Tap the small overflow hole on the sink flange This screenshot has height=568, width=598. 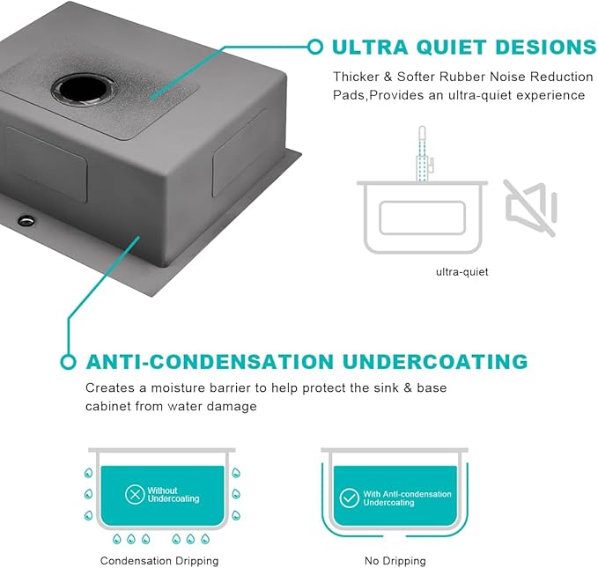tap(26, 220)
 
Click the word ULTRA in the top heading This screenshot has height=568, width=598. tap(370, 48)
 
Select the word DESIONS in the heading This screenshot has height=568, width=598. tap(546, 48)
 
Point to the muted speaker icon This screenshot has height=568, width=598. tap(530, 208)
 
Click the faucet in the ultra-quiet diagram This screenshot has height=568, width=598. tap(424, 153)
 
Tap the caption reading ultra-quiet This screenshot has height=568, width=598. tap(461, 272)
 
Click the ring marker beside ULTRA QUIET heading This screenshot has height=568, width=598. tap(315, 47)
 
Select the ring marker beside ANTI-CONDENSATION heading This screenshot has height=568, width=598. tap(69, 362)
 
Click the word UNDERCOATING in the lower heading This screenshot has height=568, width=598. tap(435, 362)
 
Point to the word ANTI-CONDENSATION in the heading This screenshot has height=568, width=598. tap(210, 362)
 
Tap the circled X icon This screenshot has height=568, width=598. tap(135, 494)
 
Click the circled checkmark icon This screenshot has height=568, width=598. tap(349, 498)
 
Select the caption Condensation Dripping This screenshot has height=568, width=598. tap(159, 561)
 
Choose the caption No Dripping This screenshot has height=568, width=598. tap(395, 561)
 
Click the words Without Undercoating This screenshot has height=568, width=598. tap(173, 494)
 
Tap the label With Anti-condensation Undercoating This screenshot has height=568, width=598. tap(407, 498)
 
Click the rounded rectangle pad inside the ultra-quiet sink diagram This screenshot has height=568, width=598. tap(422, 218)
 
